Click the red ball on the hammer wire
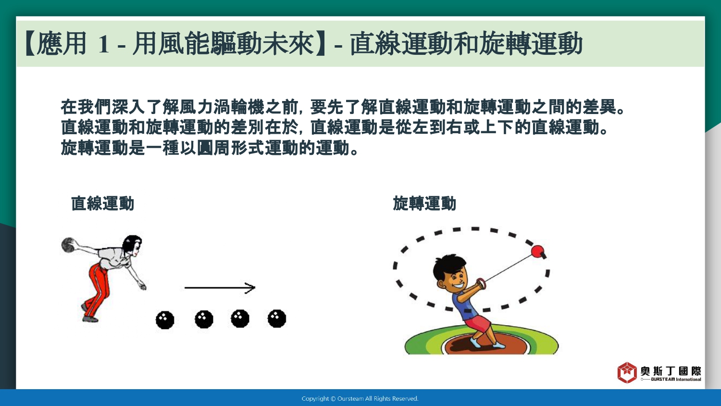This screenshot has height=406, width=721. pyautogui.click(x=537, y=251)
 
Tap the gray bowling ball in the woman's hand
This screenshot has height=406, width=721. pyautogui.click(x=68, y=245)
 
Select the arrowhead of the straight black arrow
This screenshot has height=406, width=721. pyautogui.click(x=250, y=288)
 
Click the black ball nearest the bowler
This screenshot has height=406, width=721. pyautogui.click(x=165, y=319)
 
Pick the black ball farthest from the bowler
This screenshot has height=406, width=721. pyautogui.click(x=277, y=318)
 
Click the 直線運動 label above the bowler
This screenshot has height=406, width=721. pyautogui.click(x=102, y=203)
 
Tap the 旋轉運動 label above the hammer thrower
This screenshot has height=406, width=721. pyautogui.click(x=424, y=203)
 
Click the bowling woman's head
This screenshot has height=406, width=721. pyautogui.click(x=132, y=245)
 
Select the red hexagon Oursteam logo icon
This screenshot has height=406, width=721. pyautogui.click(x=627, y=372)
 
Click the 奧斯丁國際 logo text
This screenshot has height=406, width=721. pyautogui.click(x=671, y=371)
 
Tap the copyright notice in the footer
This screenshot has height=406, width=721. pyautogui.click(x=360, y=399)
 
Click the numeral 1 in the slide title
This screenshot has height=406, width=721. pyautogui.click(x=104, y=44)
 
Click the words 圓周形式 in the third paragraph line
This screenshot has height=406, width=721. pyautogui.click(x=230, y=148)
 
